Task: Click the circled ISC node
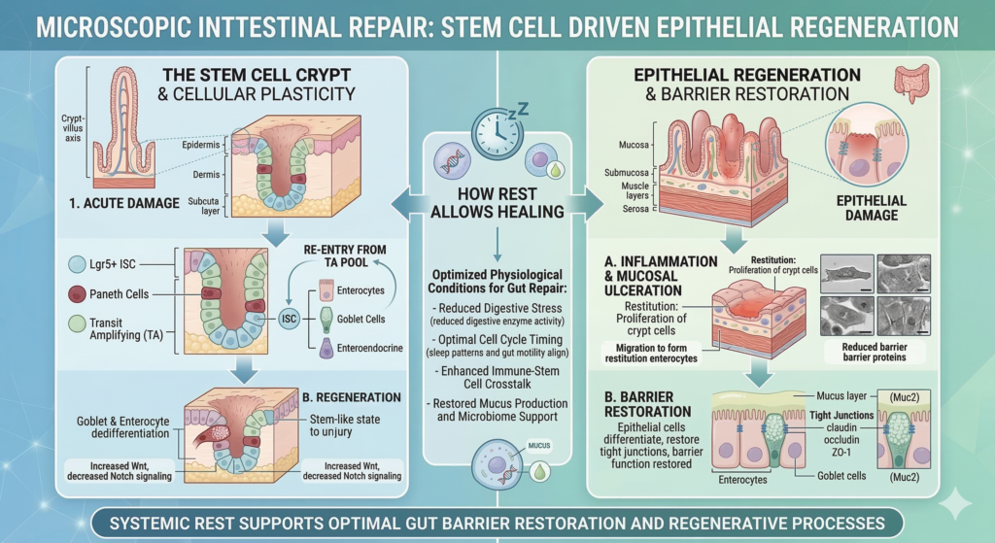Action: [288, 318]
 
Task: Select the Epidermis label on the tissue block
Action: [203, 144]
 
